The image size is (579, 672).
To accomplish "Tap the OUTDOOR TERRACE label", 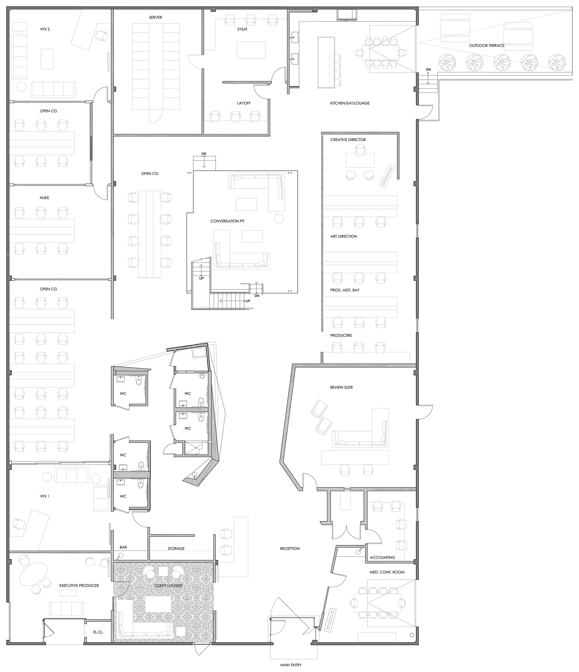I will (486, 45).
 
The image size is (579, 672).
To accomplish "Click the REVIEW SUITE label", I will (341, 387).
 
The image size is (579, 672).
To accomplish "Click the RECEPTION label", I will (290, 548).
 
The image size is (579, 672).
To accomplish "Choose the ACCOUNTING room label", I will (382, 557).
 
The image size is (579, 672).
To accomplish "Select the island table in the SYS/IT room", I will (251, 50).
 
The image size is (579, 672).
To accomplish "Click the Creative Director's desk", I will (360, 160).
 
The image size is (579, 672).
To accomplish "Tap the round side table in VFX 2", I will (21, 86).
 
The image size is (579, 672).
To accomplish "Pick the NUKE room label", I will (45, 198).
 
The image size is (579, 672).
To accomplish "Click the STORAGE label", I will (176, 548).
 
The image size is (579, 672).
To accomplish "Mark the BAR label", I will (123, 547).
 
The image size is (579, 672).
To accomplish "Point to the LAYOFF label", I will (243, 103).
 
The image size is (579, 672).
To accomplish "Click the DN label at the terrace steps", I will (428, 69).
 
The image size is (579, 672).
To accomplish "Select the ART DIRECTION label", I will (344, 236).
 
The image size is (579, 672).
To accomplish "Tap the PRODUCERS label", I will (341, 335).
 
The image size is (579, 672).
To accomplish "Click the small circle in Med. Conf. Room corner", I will (412, 635).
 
